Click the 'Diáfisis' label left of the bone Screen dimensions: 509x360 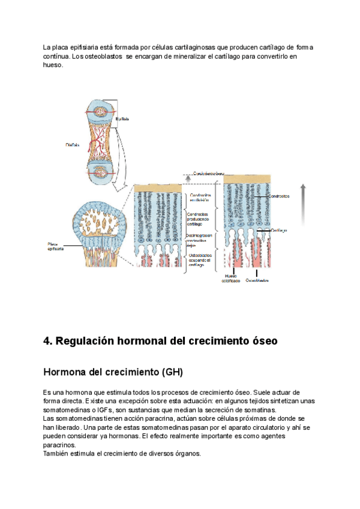tap(73, 144)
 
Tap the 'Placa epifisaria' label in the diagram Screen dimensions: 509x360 tap(55, 246)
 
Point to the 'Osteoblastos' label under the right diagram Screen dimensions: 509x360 tap(257, 280)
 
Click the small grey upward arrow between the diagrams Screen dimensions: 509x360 tap(188, 178)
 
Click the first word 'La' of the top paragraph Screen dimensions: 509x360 tap(47, 47)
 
